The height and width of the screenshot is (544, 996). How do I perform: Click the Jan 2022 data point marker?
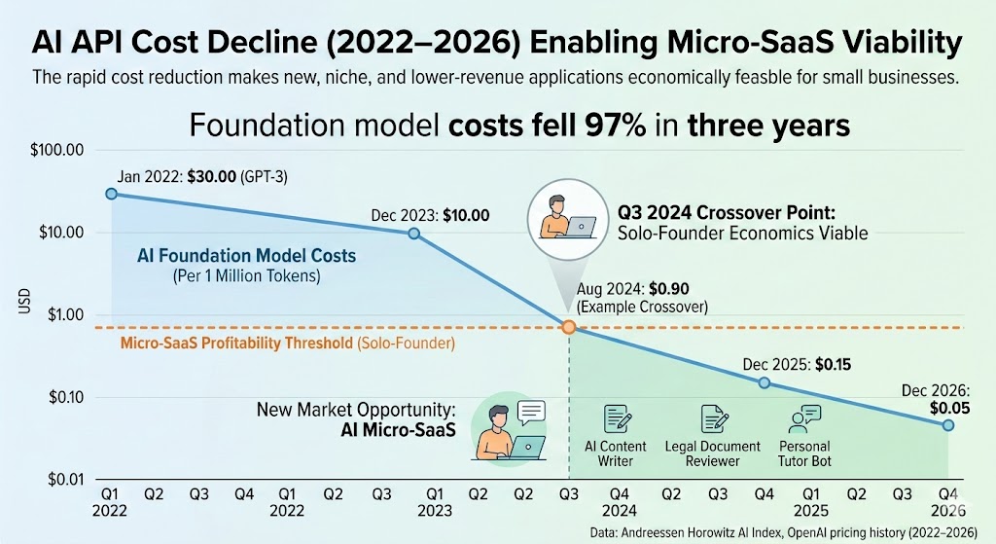[x=111, y=194]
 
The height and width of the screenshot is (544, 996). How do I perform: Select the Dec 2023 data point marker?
[x=414, y=234]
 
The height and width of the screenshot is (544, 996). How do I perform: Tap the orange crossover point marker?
[x=569, y=328]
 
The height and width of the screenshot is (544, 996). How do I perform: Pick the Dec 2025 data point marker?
[x=764, y=382]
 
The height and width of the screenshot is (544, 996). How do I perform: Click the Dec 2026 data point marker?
[x=948, y=425]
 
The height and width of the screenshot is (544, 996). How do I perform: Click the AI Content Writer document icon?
[x=617, y=418]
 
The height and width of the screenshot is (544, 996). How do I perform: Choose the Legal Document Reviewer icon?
[x=714, y=418]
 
